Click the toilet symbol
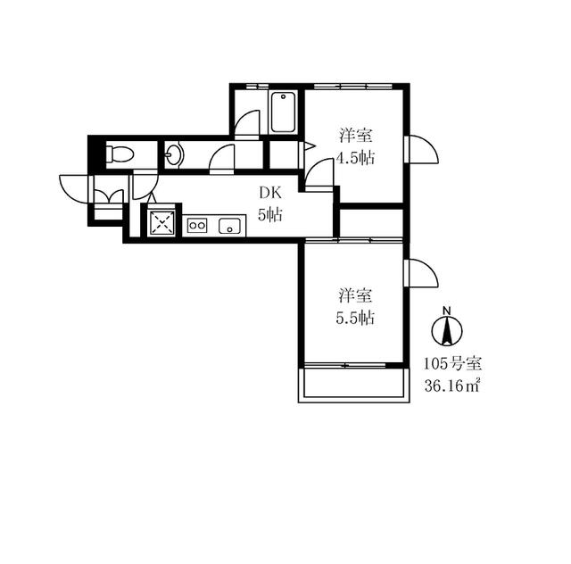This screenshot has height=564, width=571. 120,153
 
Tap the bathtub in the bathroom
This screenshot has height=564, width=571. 283,112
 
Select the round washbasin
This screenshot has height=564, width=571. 175,155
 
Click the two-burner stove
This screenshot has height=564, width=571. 197,225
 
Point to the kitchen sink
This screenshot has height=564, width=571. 229,226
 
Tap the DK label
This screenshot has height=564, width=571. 270,193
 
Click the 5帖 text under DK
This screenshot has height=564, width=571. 270,215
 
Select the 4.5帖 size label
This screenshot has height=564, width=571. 355,159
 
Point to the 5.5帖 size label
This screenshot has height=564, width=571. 355,319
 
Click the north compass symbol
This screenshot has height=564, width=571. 447,331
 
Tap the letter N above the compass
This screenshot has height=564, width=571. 447,311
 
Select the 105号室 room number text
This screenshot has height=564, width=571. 452,363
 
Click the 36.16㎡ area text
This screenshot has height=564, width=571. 451,386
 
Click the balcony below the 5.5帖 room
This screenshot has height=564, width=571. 354,386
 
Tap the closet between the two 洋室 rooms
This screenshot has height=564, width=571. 371,223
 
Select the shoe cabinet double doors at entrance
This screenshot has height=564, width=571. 109,196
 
